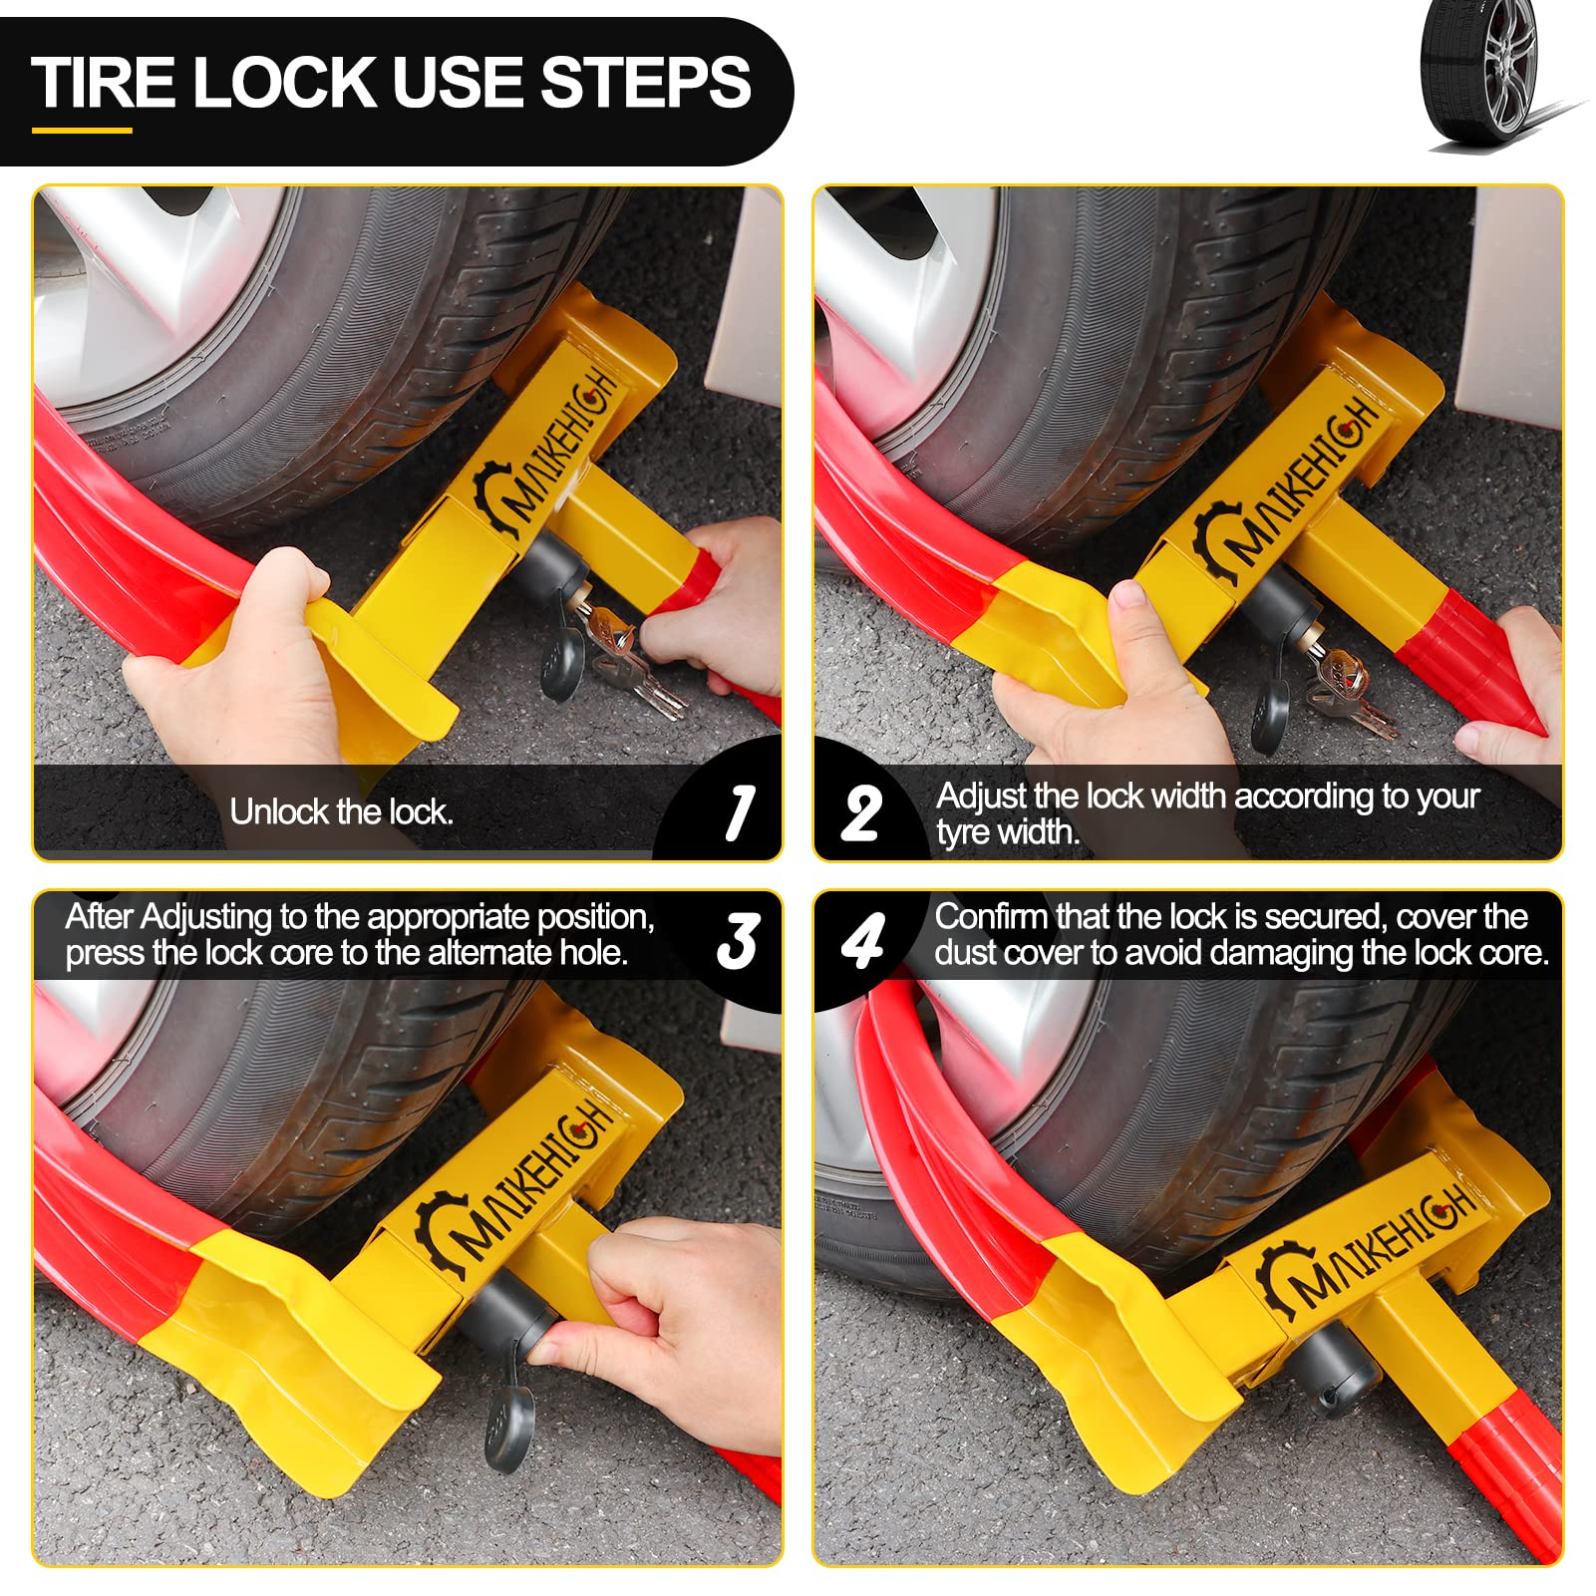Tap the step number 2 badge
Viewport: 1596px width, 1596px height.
[862, 813]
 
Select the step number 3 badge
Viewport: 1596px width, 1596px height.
[739, 941]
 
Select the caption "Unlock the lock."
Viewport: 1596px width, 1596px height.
[342, 812]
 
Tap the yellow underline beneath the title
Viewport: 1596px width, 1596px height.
[82, 130]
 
